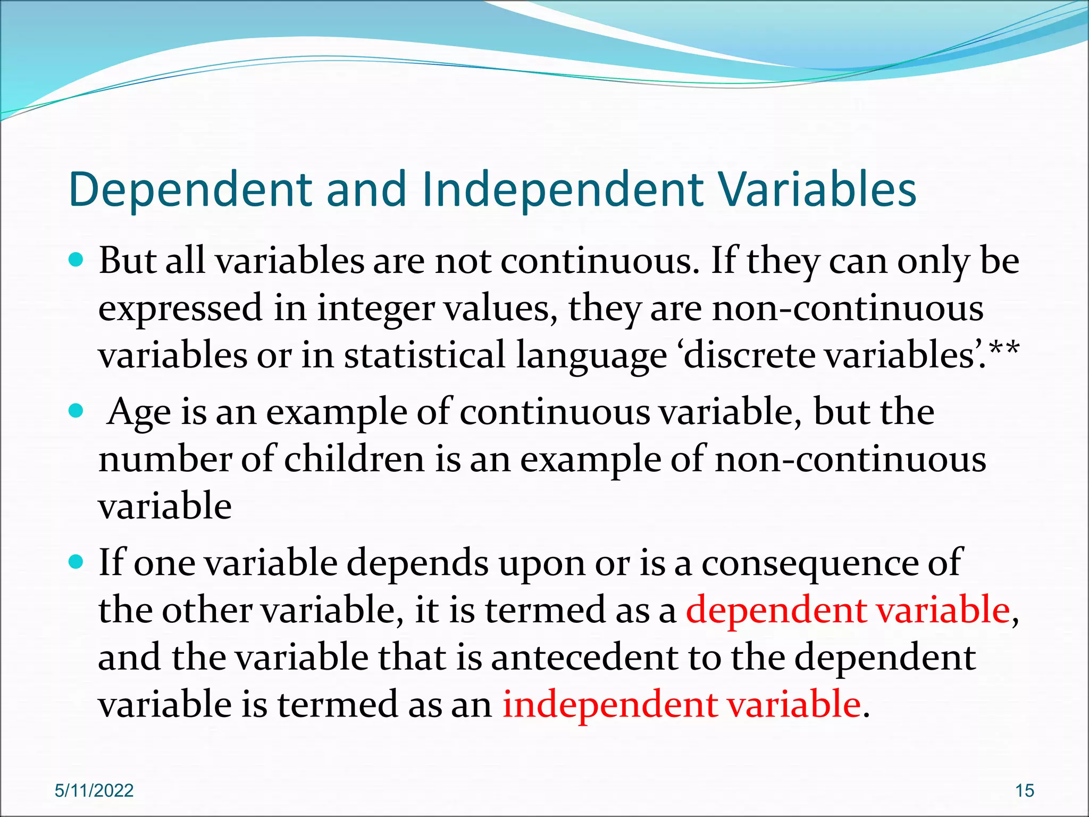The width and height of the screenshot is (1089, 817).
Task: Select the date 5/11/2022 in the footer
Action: pyautogui.click(x=94, y=790)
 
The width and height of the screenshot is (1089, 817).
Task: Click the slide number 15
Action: pyautogui.click(x=1025, y=790)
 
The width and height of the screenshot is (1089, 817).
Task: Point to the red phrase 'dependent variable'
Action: pyautogui.click(x=848, y=610)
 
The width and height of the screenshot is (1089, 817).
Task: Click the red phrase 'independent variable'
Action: pyautogui.click(x=681, y=704)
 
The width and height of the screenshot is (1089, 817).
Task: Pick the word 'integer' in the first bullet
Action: pyautogui.click(x=376, y=309)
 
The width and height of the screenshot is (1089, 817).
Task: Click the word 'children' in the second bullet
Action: pyautogui.click(x=354, y=459)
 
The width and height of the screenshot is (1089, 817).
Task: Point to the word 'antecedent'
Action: pyautogui.click(x=584, y=657)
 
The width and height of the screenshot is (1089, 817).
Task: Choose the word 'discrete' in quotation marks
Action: pyautogui.click(x=749, y=355)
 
